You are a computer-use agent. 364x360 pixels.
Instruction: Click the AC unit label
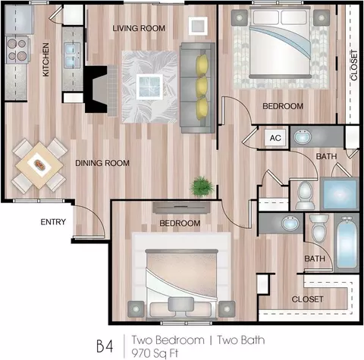(x=275, y=138)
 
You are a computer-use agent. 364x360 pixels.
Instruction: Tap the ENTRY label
(x=53, y=222)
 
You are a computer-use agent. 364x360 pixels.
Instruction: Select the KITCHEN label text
(x=45, y=60)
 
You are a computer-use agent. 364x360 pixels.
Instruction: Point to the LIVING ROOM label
(x=139, y=28)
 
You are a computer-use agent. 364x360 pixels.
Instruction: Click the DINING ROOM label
(x=102, y=163)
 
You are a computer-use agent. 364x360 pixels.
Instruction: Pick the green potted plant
(x=202, y=186)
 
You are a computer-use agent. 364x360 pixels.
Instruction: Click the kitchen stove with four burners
(x=17, y=50)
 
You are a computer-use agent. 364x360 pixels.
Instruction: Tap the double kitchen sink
(x=72, y=55)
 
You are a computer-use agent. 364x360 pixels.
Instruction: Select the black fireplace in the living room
(x=96, y=89)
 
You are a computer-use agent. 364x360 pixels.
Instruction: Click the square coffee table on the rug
(x=149, y=87)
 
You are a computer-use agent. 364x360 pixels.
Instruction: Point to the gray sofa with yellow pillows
(x=197, y=88)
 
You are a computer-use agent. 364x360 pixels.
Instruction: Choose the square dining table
(x=39, y=166)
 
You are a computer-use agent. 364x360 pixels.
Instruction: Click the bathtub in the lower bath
(x=347, y=243)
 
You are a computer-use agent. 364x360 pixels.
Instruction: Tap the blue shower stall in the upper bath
(x=340, y=193)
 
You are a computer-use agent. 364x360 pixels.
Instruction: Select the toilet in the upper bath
(x=305, y=196)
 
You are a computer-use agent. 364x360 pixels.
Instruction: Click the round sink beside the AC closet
(x=303, y=136)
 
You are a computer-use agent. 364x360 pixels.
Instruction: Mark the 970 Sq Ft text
(x=155, y=352)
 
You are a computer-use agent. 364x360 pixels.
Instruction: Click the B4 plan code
(x=105, y=346)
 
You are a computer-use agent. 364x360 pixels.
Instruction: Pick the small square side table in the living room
(x=198, y=26)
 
